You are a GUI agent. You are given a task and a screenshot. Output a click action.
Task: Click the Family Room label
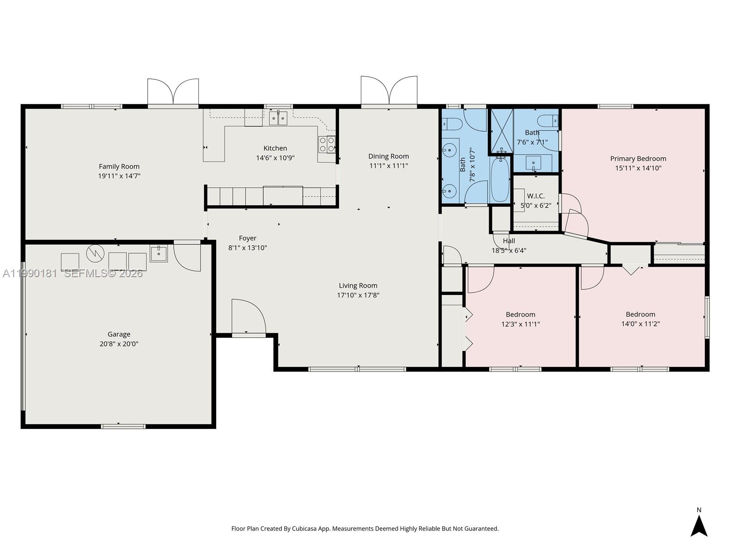coord(119,166)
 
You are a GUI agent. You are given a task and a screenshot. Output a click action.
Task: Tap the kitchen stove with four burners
coord(327,144)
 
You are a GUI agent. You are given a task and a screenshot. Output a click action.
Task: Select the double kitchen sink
coord(278,119)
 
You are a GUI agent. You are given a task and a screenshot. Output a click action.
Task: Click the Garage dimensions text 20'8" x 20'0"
coord(119,344)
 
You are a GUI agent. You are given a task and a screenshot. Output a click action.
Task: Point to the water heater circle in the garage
coord(95,253)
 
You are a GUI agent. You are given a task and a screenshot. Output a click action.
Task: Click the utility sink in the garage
coord(158,253)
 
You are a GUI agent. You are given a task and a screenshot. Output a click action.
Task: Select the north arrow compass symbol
coord(699,525)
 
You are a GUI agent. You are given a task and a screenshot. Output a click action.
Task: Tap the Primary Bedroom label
coord(638,159)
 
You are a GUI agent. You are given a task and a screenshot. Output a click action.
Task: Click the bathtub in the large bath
coord(500,179)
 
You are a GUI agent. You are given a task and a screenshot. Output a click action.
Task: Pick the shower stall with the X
coord(501,130)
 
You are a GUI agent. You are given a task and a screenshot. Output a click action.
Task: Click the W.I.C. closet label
coord(536,196)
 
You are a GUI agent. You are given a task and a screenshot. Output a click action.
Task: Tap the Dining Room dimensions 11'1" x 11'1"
coord(388,166)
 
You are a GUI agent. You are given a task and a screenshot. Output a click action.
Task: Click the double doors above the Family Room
coord(173,93)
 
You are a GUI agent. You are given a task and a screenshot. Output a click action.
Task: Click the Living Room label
coord(358,286)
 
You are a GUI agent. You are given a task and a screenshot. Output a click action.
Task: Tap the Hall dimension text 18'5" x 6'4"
coord(509,250)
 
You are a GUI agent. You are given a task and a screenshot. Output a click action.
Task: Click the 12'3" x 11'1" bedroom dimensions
coord(520,324)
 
